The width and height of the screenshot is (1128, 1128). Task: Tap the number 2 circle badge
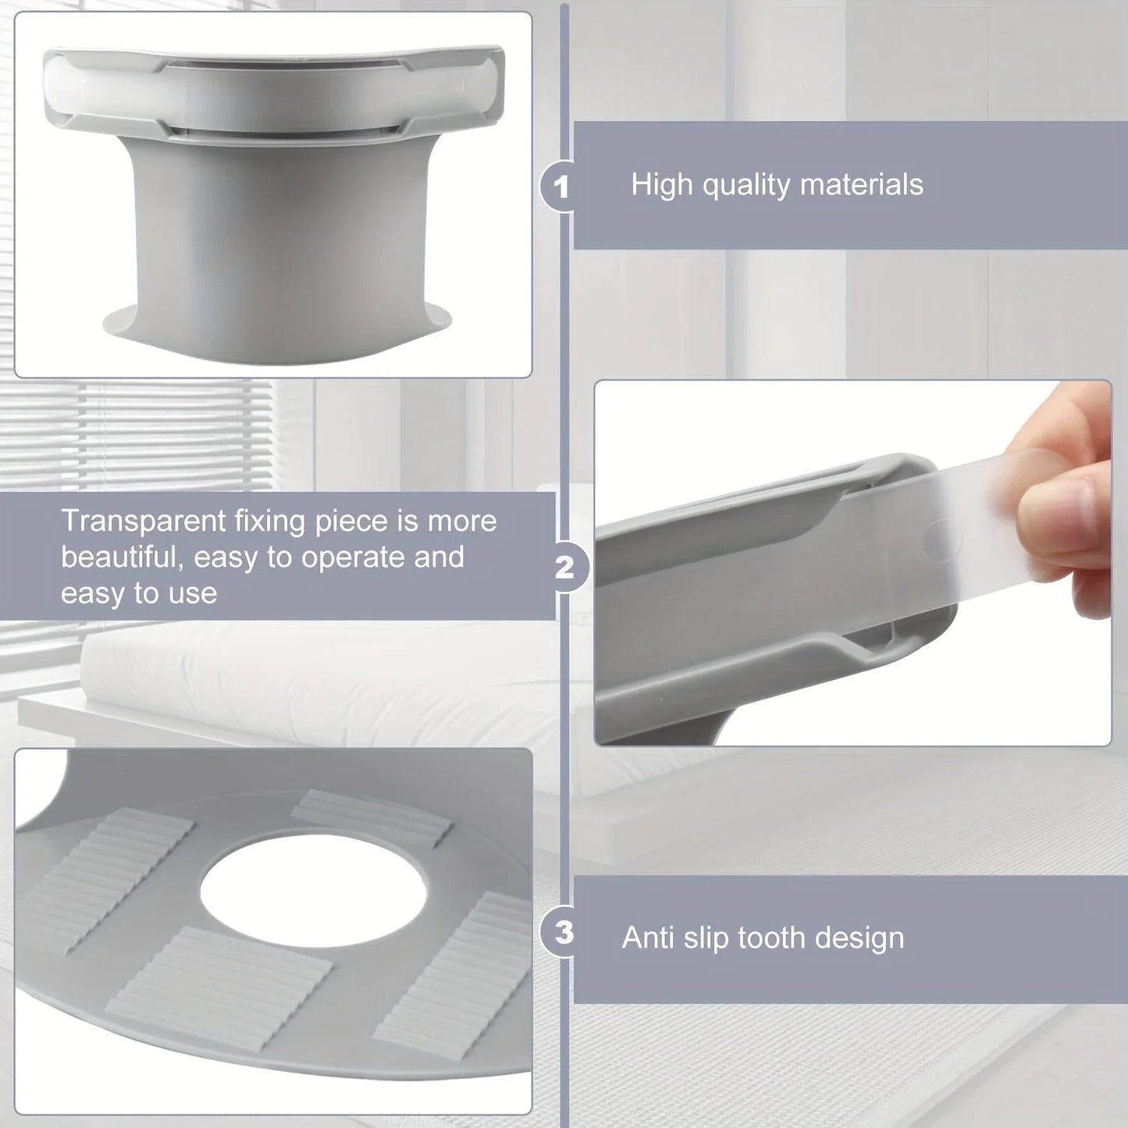click(x=564, y=568)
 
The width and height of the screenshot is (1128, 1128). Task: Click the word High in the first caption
click(x=662, y=185)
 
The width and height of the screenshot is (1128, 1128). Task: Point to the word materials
click(x=861, y=185)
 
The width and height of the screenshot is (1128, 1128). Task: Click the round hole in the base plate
click(x=313, y=890)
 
